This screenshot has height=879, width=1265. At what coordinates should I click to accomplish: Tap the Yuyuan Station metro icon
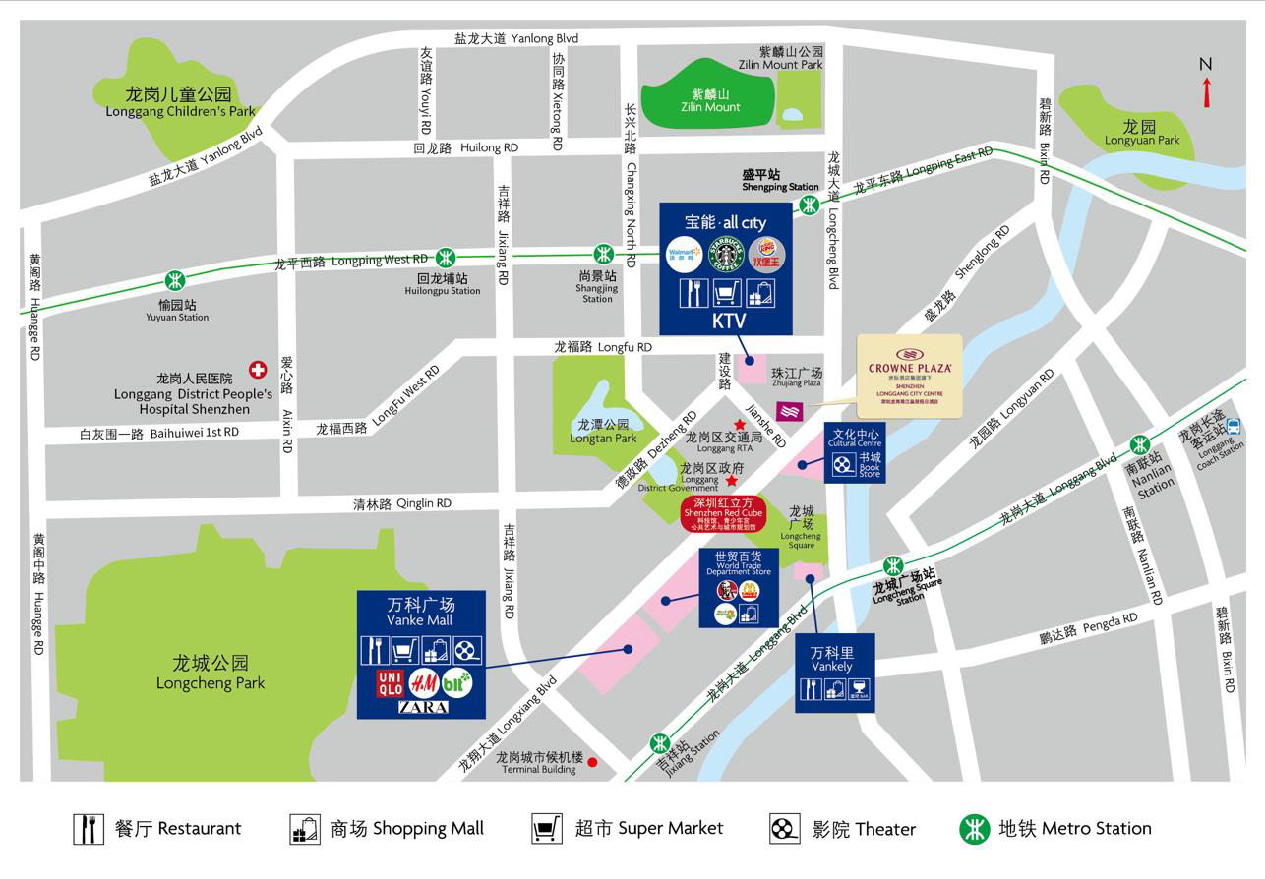point(176,280)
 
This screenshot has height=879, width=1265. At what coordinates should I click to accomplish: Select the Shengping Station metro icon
point(809,205)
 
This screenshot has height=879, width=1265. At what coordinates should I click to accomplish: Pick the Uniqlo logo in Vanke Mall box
point(391,682)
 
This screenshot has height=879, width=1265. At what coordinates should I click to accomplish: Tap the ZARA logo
point(423,707)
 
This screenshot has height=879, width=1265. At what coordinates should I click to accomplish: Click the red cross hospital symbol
point(258,370)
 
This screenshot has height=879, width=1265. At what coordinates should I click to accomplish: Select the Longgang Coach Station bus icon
point(1234,428)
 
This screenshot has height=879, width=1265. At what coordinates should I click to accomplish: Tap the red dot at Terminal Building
point(592,762)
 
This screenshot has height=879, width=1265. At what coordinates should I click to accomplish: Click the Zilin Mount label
point(715,100)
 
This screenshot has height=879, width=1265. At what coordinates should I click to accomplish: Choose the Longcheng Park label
point(211,674)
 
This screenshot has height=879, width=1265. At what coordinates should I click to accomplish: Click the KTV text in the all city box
point(729,321)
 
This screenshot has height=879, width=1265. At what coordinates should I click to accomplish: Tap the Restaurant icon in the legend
point(89,829)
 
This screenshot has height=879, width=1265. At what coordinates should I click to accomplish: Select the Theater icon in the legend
point(784,829)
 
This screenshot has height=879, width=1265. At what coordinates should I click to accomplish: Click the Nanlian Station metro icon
point(1140,443)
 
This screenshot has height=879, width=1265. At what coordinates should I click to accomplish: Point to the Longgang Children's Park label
point(179,102)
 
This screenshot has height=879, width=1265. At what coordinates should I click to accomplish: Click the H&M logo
point(423,681)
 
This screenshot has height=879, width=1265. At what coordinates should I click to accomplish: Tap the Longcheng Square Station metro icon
point(893,566)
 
